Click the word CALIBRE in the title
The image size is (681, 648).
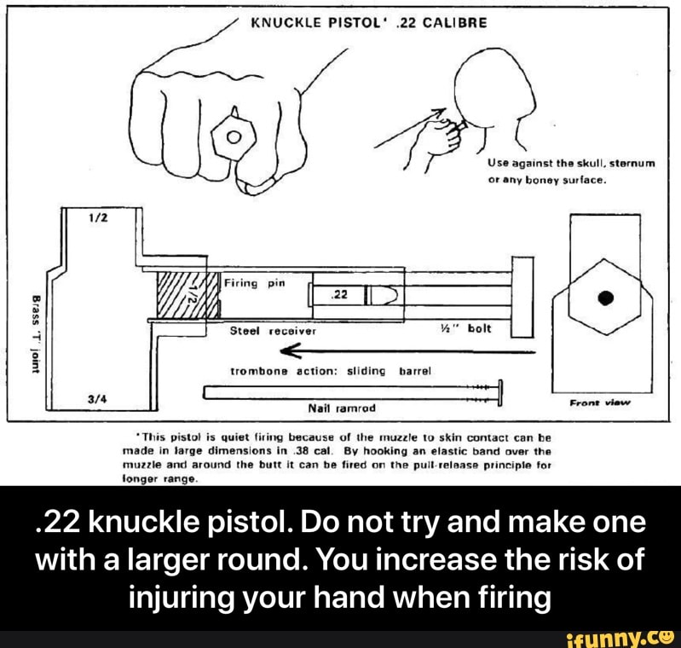point(455,22)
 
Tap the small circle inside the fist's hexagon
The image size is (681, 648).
point(234,138)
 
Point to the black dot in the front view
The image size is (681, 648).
point(605,298)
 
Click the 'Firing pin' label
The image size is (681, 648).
point(255,284)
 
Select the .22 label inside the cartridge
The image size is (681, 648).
point(339,295)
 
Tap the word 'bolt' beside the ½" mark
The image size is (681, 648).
point(479,328)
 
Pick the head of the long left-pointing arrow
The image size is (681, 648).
point(291,350)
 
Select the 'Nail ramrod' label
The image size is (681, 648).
point(342,408)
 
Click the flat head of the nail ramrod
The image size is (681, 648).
point(500,392)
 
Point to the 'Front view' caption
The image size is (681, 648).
point(600,403)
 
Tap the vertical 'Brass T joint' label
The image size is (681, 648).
point(36,334)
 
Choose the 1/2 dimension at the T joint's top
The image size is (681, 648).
point(95,218)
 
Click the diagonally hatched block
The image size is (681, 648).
point(187,295)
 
